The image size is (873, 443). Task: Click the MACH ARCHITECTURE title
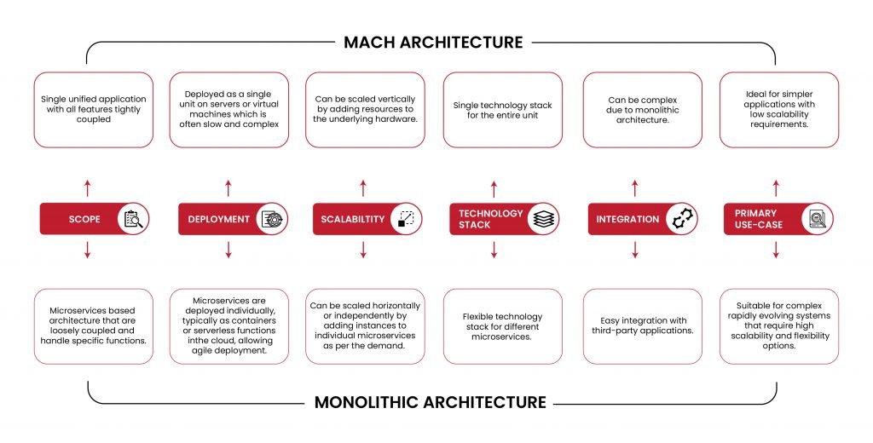click(433, 42)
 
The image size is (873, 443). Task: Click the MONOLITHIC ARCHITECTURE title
click(431, 401)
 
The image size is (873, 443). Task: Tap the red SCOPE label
click(84, 219)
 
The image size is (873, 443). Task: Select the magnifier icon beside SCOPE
click(135, 219)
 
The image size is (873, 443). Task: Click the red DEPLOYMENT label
click(219, 219)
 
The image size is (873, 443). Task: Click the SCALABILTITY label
click(353, 219)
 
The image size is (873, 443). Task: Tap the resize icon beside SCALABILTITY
click(407, 219)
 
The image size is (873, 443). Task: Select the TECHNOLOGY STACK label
click(490, 219)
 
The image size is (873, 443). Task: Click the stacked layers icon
click(544, 219)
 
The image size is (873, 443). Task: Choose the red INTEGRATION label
click(628, 219)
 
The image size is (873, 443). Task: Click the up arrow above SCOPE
click(88, 188)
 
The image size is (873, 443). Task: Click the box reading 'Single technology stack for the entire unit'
click(502, 110)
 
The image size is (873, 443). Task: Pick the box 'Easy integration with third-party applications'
click(642, 326)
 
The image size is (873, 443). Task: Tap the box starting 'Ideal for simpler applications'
click(779, 110)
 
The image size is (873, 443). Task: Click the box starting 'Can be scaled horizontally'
click(365, 326)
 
